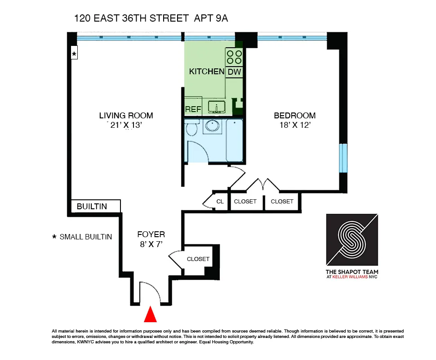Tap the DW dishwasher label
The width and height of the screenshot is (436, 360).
pyautogui.click(x=234, y=72)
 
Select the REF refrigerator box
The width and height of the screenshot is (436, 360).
pyautogui.click(x=193, y=109)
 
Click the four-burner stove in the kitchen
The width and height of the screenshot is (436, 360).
pyautogui.click(x=234, y=57)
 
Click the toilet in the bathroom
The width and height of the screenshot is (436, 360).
pyautogui.click(x=192, y=128)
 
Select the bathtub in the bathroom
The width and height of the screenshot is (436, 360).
pyautogui.click(x=235, y=140)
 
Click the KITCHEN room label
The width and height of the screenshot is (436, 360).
pyautogui.click(x=206, y=72)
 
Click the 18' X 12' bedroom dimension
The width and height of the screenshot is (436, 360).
pyautogui.click(x=294, y=125)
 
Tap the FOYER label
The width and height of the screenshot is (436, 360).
pyautogui.click(x=151, y=234)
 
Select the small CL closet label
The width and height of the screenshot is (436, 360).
pyautogui.click(x=220, y=202)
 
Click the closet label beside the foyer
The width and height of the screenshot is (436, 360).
pyautogui.click(x=198, y=259)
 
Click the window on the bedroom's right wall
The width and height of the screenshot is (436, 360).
pyautogui.click(x=343, y=158)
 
